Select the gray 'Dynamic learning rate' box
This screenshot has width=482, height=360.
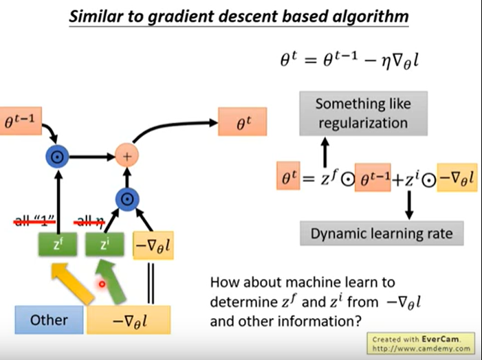(x=382, y=234)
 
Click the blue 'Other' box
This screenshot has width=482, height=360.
(x=49, y=319)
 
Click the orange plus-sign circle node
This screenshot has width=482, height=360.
(x=126, y=156)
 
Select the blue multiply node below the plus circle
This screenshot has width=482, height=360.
(x=126, y=200)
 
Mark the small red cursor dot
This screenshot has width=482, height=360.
(x=102, y=283)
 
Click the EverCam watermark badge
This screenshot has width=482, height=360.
(x=421, y=344)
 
